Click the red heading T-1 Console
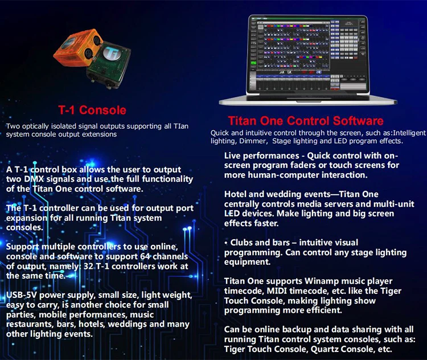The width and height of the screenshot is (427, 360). click(x=92, y=109)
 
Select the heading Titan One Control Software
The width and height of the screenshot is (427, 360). click(x=305, y=121)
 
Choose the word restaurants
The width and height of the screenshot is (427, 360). click(x=28, y=325)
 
